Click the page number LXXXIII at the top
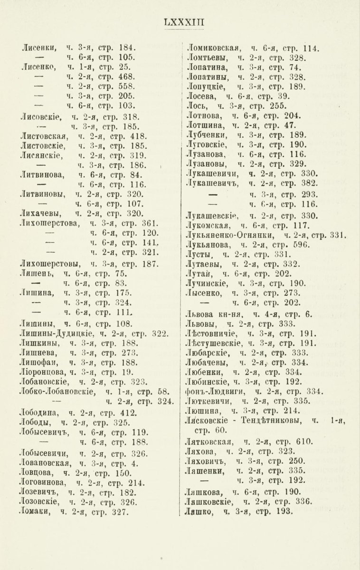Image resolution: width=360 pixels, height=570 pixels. coord(180,22)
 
